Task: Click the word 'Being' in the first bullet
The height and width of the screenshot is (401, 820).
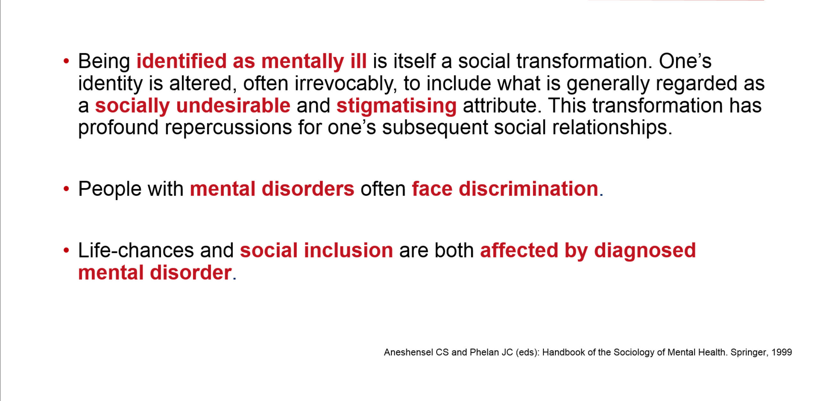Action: pyautogui.click(x=104, y=61)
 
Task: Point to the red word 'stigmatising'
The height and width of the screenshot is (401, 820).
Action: pyautogui.click(x=397, y=106)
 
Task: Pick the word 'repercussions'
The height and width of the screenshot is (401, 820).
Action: pyautogui.click(x=228, y=128)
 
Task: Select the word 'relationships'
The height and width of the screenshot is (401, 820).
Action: pyautogui.click(x=612, y=128)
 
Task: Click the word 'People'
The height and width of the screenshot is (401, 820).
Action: pyautogui.click(x=110, y=188)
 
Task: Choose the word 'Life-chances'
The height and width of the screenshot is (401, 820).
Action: pyautogui.click(x=136, y=250)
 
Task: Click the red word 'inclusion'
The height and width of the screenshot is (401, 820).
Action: pyautogui.click(x=348, y=250)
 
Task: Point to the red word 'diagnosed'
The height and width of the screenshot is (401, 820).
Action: pyautogui.click(x=645, y=251)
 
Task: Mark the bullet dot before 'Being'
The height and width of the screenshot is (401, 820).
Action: pyautogui.click(x=66, y=61)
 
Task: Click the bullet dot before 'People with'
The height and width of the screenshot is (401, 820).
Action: pyautogui.click(x=66, y=189)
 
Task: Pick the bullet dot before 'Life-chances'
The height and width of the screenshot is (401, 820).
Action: pyautogui.click(x=66, y=250)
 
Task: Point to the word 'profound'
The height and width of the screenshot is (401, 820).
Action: pyautogui.click(x=119, y=128)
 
